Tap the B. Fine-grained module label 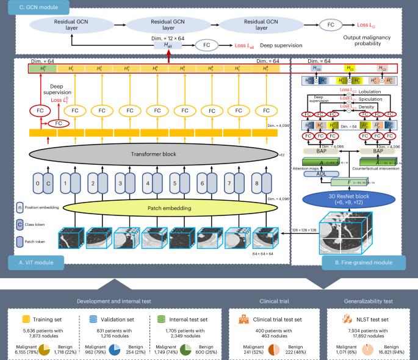(x=366, y=264)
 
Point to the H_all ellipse (x=168, y=45)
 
